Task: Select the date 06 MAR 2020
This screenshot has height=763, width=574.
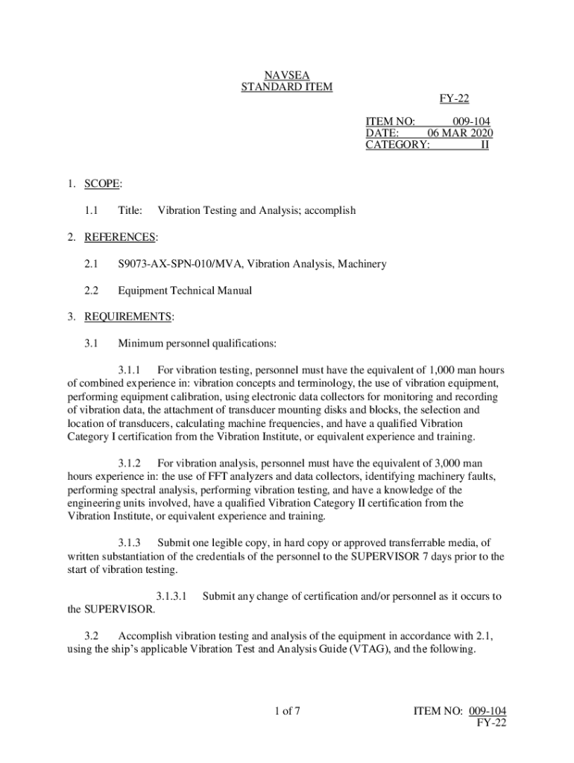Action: click(x=460, y=133)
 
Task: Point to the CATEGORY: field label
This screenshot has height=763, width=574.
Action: click(x=397, y=145)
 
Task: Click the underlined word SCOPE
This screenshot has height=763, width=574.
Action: click(x=103, y=183)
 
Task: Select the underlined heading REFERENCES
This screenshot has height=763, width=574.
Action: click(x=120, y=237)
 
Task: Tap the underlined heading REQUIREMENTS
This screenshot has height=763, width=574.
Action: click(x=128, y=317)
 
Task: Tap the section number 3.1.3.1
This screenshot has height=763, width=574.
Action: click(x=171, y=596)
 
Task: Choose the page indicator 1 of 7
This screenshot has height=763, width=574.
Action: click(x=287, y=711)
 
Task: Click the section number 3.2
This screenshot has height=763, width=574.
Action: click(x=92, y=636)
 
